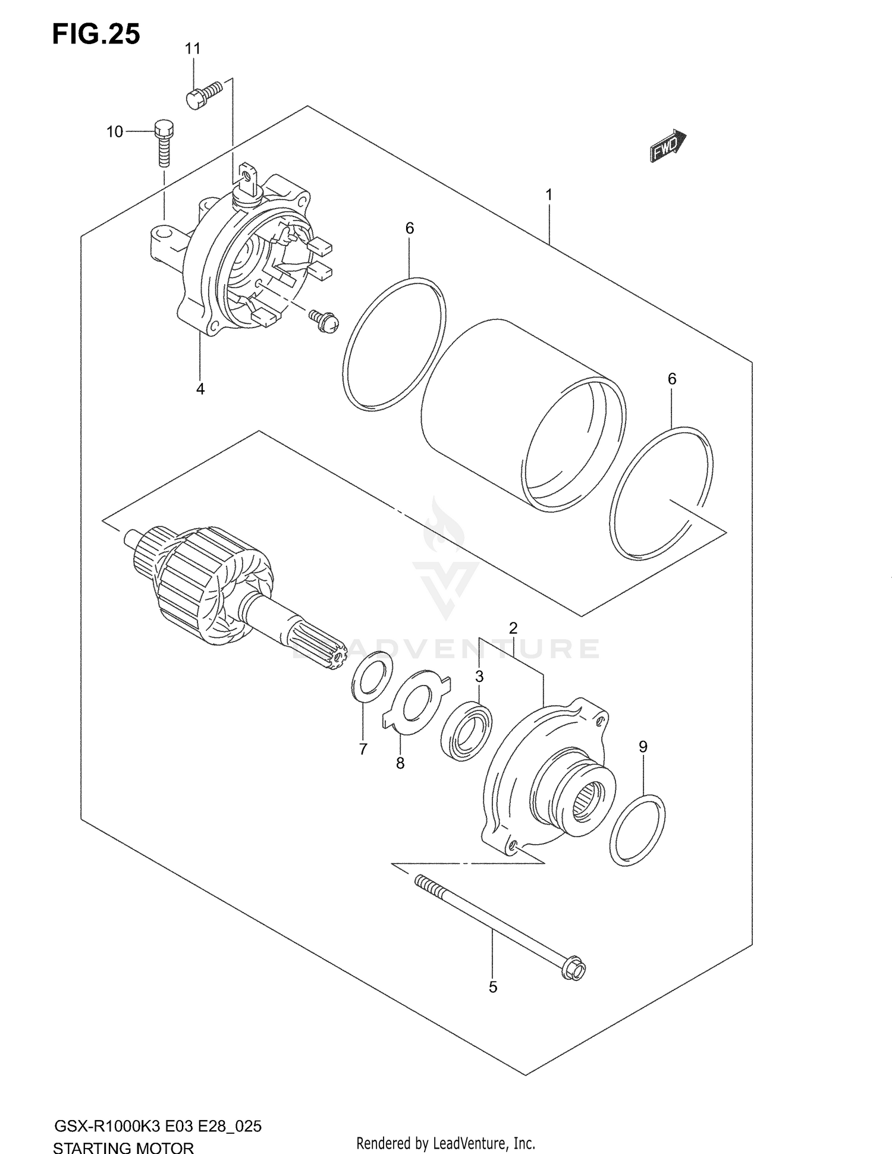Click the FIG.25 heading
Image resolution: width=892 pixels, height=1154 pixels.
(x=96, y=34)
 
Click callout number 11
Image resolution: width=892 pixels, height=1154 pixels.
(x=192, y=49)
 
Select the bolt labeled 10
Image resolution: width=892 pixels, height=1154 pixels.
(x=165, y=142)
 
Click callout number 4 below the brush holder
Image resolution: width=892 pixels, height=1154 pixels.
(x=200, y=389)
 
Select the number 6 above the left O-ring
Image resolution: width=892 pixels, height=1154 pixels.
(x=409, y=228)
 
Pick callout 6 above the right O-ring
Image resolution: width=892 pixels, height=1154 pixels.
(x=672, y=379)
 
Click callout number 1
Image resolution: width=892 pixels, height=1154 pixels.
(x=549, y=194)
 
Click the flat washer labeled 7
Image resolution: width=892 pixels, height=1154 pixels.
(x=373, y=676)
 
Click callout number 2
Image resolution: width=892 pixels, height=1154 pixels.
(x=513, y=628)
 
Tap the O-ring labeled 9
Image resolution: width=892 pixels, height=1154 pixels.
(x=637, y=830)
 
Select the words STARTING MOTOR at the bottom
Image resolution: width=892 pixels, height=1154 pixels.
(x=123, y=1146)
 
